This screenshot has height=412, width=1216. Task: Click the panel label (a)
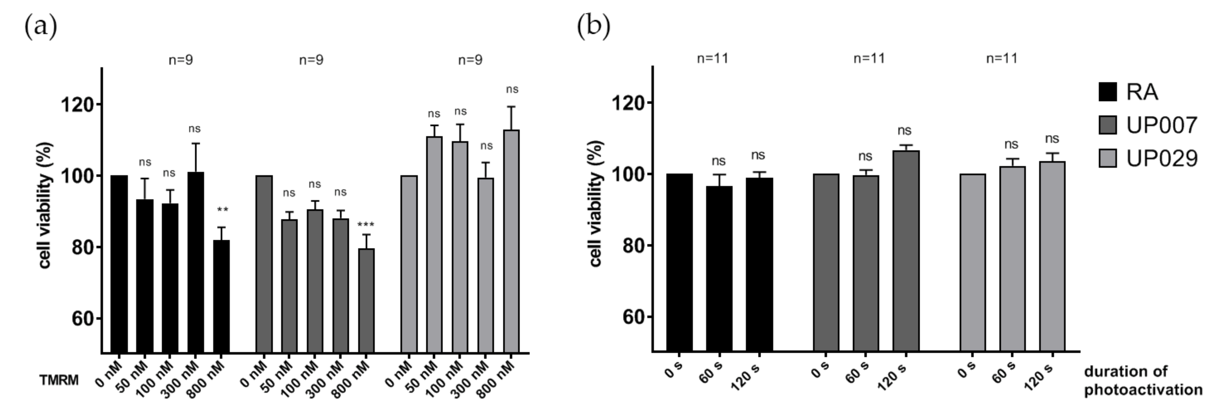point(41,26)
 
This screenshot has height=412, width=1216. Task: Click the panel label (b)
point(593,26)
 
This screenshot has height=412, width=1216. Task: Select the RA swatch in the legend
point(1107,92)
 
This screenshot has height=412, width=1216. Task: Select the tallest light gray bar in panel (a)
point(511,241)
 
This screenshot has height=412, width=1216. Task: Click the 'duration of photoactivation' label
point(1142,380)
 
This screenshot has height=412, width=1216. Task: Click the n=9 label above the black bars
point(181,60)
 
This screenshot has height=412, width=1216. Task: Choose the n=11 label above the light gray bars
point(1002,59)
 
